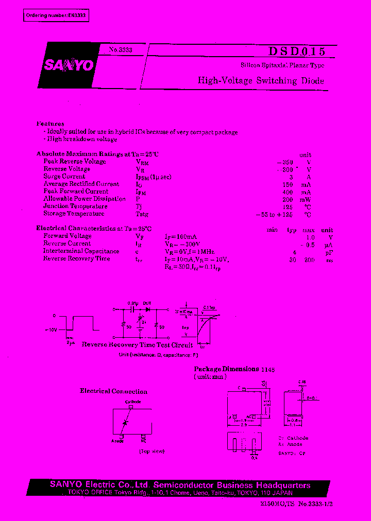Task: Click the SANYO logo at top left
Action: tap(68, 65)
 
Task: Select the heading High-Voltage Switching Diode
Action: tap(261, 81)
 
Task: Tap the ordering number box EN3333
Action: tap(57, 16)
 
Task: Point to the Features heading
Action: tap(50, 124)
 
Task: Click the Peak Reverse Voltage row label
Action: tap(75, 162)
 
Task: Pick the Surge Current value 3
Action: tap(306, 177)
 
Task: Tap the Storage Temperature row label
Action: tap(74, 214)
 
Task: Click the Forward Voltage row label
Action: tap(68, 236)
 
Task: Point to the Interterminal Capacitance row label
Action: tap(81, 251)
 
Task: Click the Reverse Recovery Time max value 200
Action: tap(309, 260)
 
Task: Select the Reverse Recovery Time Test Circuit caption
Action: tap(137, 344)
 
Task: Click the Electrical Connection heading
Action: tap(113, 391)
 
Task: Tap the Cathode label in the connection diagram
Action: tap(133, 402)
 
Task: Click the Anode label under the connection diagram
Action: tap(117, 441)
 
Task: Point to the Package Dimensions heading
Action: tap(226, 369)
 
